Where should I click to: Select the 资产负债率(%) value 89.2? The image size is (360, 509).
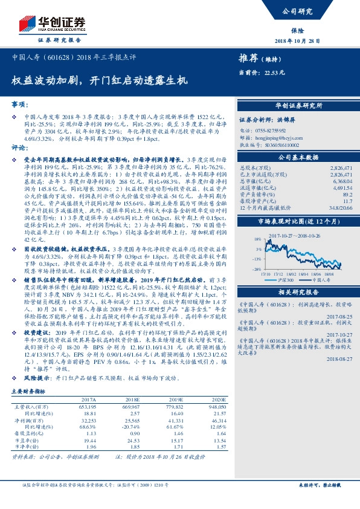[x=347, y=195]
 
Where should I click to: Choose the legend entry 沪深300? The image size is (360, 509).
[x=286, y=280]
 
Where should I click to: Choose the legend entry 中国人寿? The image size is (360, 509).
[x=320, y=280]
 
